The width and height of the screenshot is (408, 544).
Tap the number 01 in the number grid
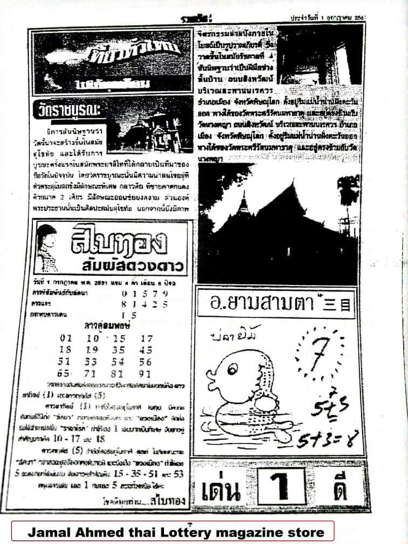[66, 338]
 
